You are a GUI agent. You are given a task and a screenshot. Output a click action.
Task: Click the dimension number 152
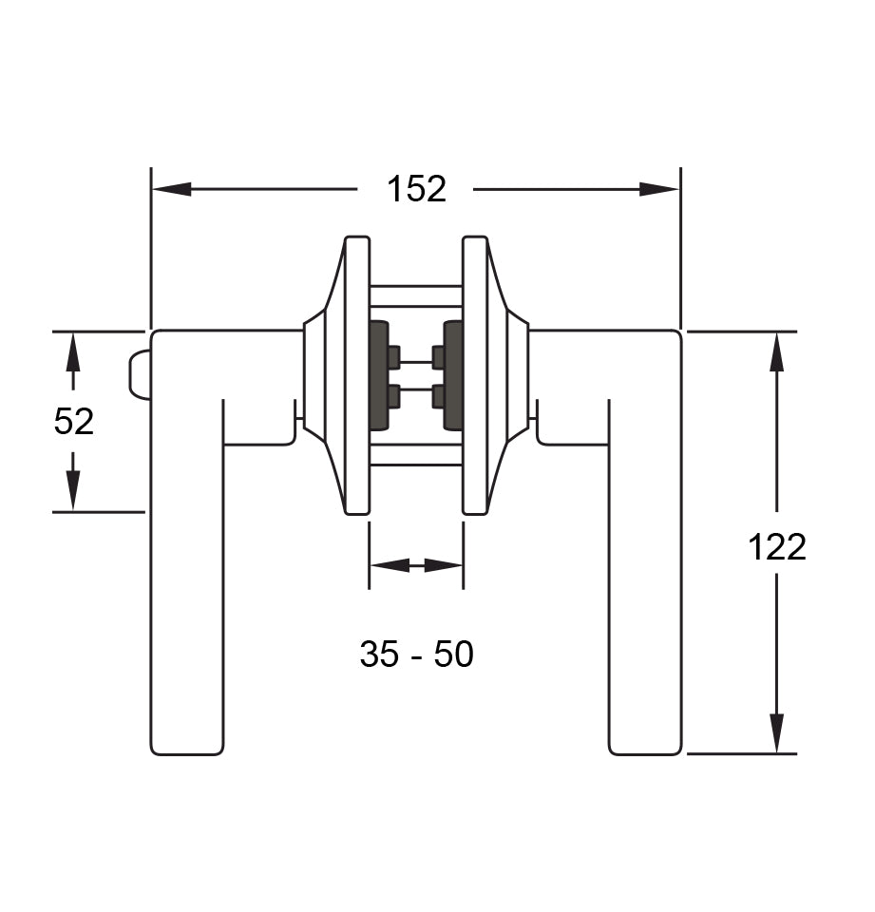416,189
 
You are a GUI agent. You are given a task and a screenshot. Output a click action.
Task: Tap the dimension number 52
74,421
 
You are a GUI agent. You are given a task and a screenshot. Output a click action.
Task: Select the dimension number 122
776,547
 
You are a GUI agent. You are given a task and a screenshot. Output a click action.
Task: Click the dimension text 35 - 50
416,654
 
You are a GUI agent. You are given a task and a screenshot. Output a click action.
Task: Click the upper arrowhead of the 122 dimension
776,352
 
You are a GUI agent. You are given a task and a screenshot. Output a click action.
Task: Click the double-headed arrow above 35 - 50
416,565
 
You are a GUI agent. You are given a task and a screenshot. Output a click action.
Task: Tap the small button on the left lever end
140,375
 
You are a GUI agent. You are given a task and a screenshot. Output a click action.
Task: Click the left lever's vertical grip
187,589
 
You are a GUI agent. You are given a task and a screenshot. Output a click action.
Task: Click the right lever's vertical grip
645,589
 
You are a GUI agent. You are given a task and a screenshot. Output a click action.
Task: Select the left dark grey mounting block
378,375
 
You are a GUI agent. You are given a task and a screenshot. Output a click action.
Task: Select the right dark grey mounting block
453,375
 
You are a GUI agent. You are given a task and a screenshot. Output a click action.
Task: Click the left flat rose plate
357,375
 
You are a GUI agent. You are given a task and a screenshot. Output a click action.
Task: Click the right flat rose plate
474,375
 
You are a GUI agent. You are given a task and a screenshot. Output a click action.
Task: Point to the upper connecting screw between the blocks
416,361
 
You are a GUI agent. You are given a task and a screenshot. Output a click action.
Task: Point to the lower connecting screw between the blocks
416,389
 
